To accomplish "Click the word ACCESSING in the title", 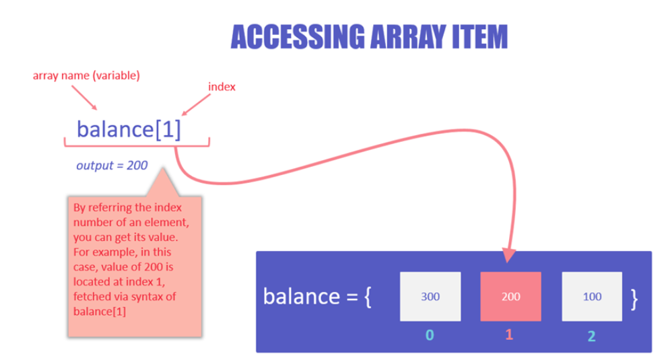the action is pos(298,37).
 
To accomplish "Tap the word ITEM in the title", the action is pos(480,37).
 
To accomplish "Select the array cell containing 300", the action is pos(430,296).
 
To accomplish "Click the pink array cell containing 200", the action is pos(510,296).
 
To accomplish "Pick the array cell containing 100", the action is pos(592,296).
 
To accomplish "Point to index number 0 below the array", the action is pos(430,334).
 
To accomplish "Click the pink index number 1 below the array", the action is pos(509,334).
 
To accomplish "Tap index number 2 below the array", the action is pos(591,336).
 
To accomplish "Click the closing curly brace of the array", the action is pos(634,299).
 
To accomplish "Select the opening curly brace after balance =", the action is pos(367,297).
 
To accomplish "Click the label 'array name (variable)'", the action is pos(86,76).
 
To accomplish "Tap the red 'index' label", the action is pos(222,87).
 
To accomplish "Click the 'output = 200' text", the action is pos(112,166).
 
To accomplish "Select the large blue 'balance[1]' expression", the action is pos(129,129).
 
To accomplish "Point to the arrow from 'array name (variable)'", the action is pos(84,98).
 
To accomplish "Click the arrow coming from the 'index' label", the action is pos(197,105).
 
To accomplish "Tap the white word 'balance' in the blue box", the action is pos(301,296).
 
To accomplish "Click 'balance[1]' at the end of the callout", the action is pos(100,312).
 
